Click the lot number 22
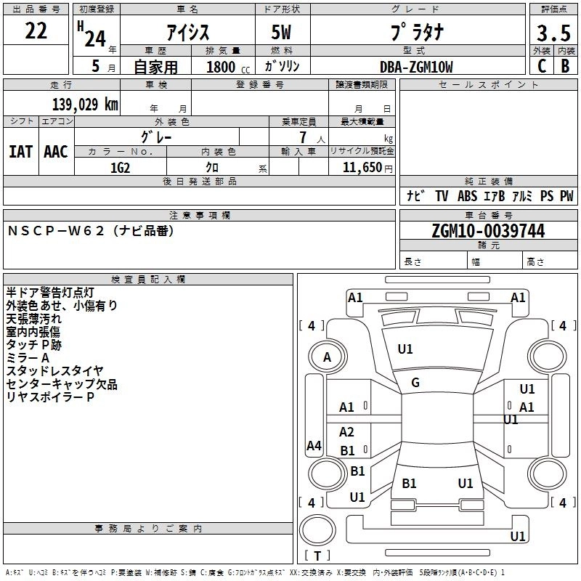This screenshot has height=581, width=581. pyautogui.click(x=36, y=31)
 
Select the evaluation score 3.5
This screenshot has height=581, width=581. pyautogui.click(x=553, y=33)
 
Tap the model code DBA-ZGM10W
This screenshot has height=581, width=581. pyautogui.click(x=416, y=67)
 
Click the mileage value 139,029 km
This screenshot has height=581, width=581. pyautogui.click(x=85, y=104)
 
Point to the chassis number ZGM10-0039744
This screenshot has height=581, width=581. pyautogui.click(x=487, y=232)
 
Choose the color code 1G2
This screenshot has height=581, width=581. pyautogui.click(x=120, y=168)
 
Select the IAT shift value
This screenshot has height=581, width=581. pyautogui.click(x=20, y=152)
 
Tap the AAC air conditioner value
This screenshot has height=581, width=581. pyautogui.click(x=55, y=152)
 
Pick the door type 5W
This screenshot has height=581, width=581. pyautogui.click(x=283, y=33)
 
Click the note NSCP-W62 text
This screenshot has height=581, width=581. pyautogui.click(x=91, y=231)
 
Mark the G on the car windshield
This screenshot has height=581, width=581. pyautogui.click(x=415, y=383)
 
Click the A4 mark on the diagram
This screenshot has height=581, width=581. pyautogui.click(x=314, y=446)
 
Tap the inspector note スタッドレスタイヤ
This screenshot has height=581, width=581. pyautogui.click(x=55, y=371)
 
